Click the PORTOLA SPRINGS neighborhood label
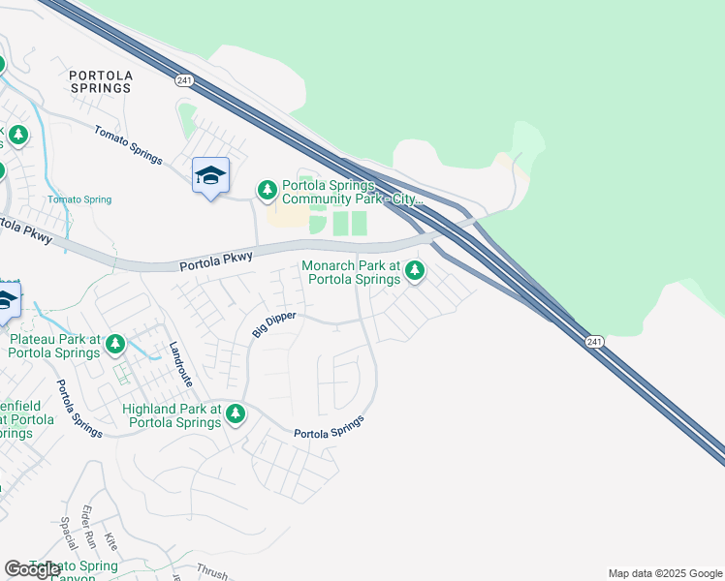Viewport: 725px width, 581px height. [100, 80]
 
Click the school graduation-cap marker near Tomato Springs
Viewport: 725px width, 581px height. [210, 175]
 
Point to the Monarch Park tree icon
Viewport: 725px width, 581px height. [415, 270]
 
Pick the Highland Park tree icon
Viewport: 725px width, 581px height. [235, 415]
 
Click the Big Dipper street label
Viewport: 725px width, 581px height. [272, 321]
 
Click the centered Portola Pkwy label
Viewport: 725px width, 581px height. [216, 261]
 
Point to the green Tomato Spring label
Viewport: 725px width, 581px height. [79, 199]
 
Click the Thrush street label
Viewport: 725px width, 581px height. [211, 572]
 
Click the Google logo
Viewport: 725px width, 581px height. [32, 569]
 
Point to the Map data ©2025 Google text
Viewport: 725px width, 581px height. [664, 573]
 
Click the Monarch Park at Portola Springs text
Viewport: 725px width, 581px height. [351, 272]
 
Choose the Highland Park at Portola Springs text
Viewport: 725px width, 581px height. [173, 416]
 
